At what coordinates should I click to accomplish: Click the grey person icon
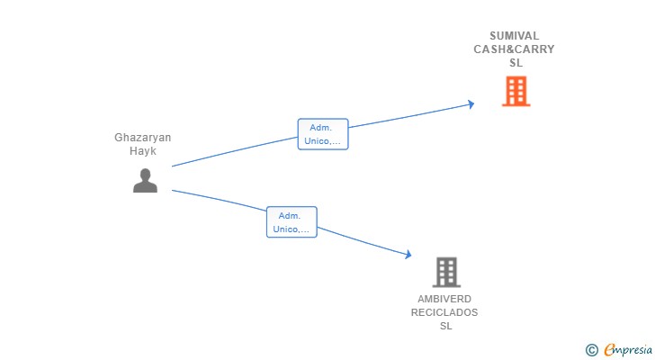click(x=145, y=180)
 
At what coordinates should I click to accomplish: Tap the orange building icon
click(x=516, y=91)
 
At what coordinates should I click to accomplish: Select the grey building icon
click(x=446, y=273)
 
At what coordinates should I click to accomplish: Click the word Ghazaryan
click(x=143, y=138)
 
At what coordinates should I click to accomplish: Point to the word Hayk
click(x=143, y=151)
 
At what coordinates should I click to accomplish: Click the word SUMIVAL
click(x=515, y=36)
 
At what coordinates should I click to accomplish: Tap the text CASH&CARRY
click(x=515, y=49)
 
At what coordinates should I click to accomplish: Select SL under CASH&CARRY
click(x=516, y=63)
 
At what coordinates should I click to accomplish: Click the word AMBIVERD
click(x=444, y=299)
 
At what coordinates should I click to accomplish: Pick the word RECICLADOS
click(x=444, y=312)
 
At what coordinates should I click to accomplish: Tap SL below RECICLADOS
click(x=446, y=326)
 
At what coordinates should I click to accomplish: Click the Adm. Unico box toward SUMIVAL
click(x=323, y=134)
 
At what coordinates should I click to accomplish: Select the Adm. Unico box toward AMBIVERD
click(x=292, y=222)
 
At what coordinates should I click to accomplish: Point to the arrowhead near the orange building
click(x=471, y=104)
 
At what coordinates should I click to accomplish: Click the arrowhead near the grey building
click(x=408, y=254)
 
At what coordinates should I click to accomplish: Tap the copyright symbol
click(x=591, y=350)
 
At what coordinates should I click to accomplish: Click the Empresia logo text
click(x=628, y=349)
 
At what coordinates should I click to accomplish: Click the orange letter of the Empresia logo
click(x=609, y=349)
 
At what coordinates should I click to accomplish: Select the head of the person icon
click(x=145, y=175)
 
